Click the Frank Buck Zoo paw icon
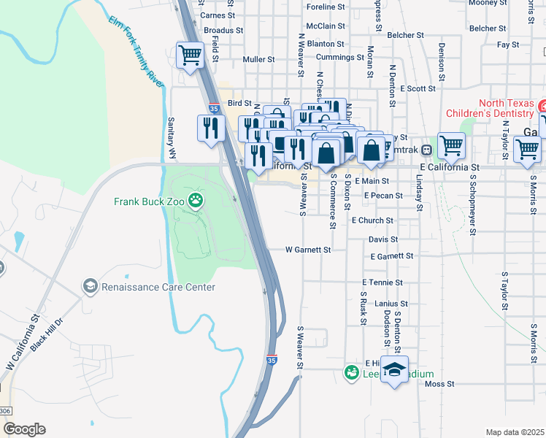pos(196,199)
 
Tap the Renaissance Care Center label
pos(158,287)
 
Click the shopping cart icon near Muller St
pos(190,55)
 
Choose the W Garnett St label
pos(308,250)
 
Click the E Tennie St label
pos(382,283)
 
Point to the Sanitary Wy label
pos(172,138)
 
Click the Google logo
pos(24,429)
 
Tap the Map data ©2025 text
pos(515,432)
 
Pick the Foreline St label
pos(326,7)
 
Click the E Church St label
pos(372,220)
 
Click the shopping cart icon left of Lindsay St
pos(451,145)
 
